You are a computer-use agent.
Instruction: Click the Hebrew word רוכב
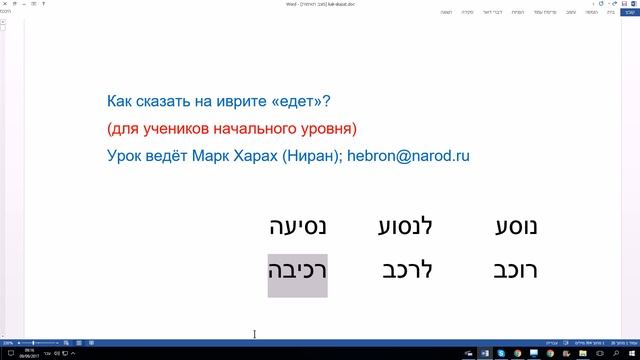pyautogui.click(x=516, y=271)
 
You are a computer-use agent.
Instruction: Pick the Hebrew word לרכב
pyautogui.click(x=408, y=271)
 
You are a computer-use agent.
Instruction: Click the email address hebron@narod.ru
pyautogui.click(x=408, y=156)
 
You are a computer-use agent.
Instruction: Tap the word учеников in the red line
pyautogui.click(x=183, y=129)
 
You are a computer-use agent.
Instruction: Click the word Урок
pyautogui.click(x=123, y=156)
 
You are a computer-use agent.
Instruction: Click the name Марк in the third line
pyautogui.click(x=210, y=156)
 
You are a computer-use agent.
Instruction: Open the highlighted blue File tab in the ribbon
pyautogui.click(x=631, y=12)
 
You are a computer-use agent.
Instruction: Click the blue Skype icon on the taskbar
pyautogui.click(x=501, y=353)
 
